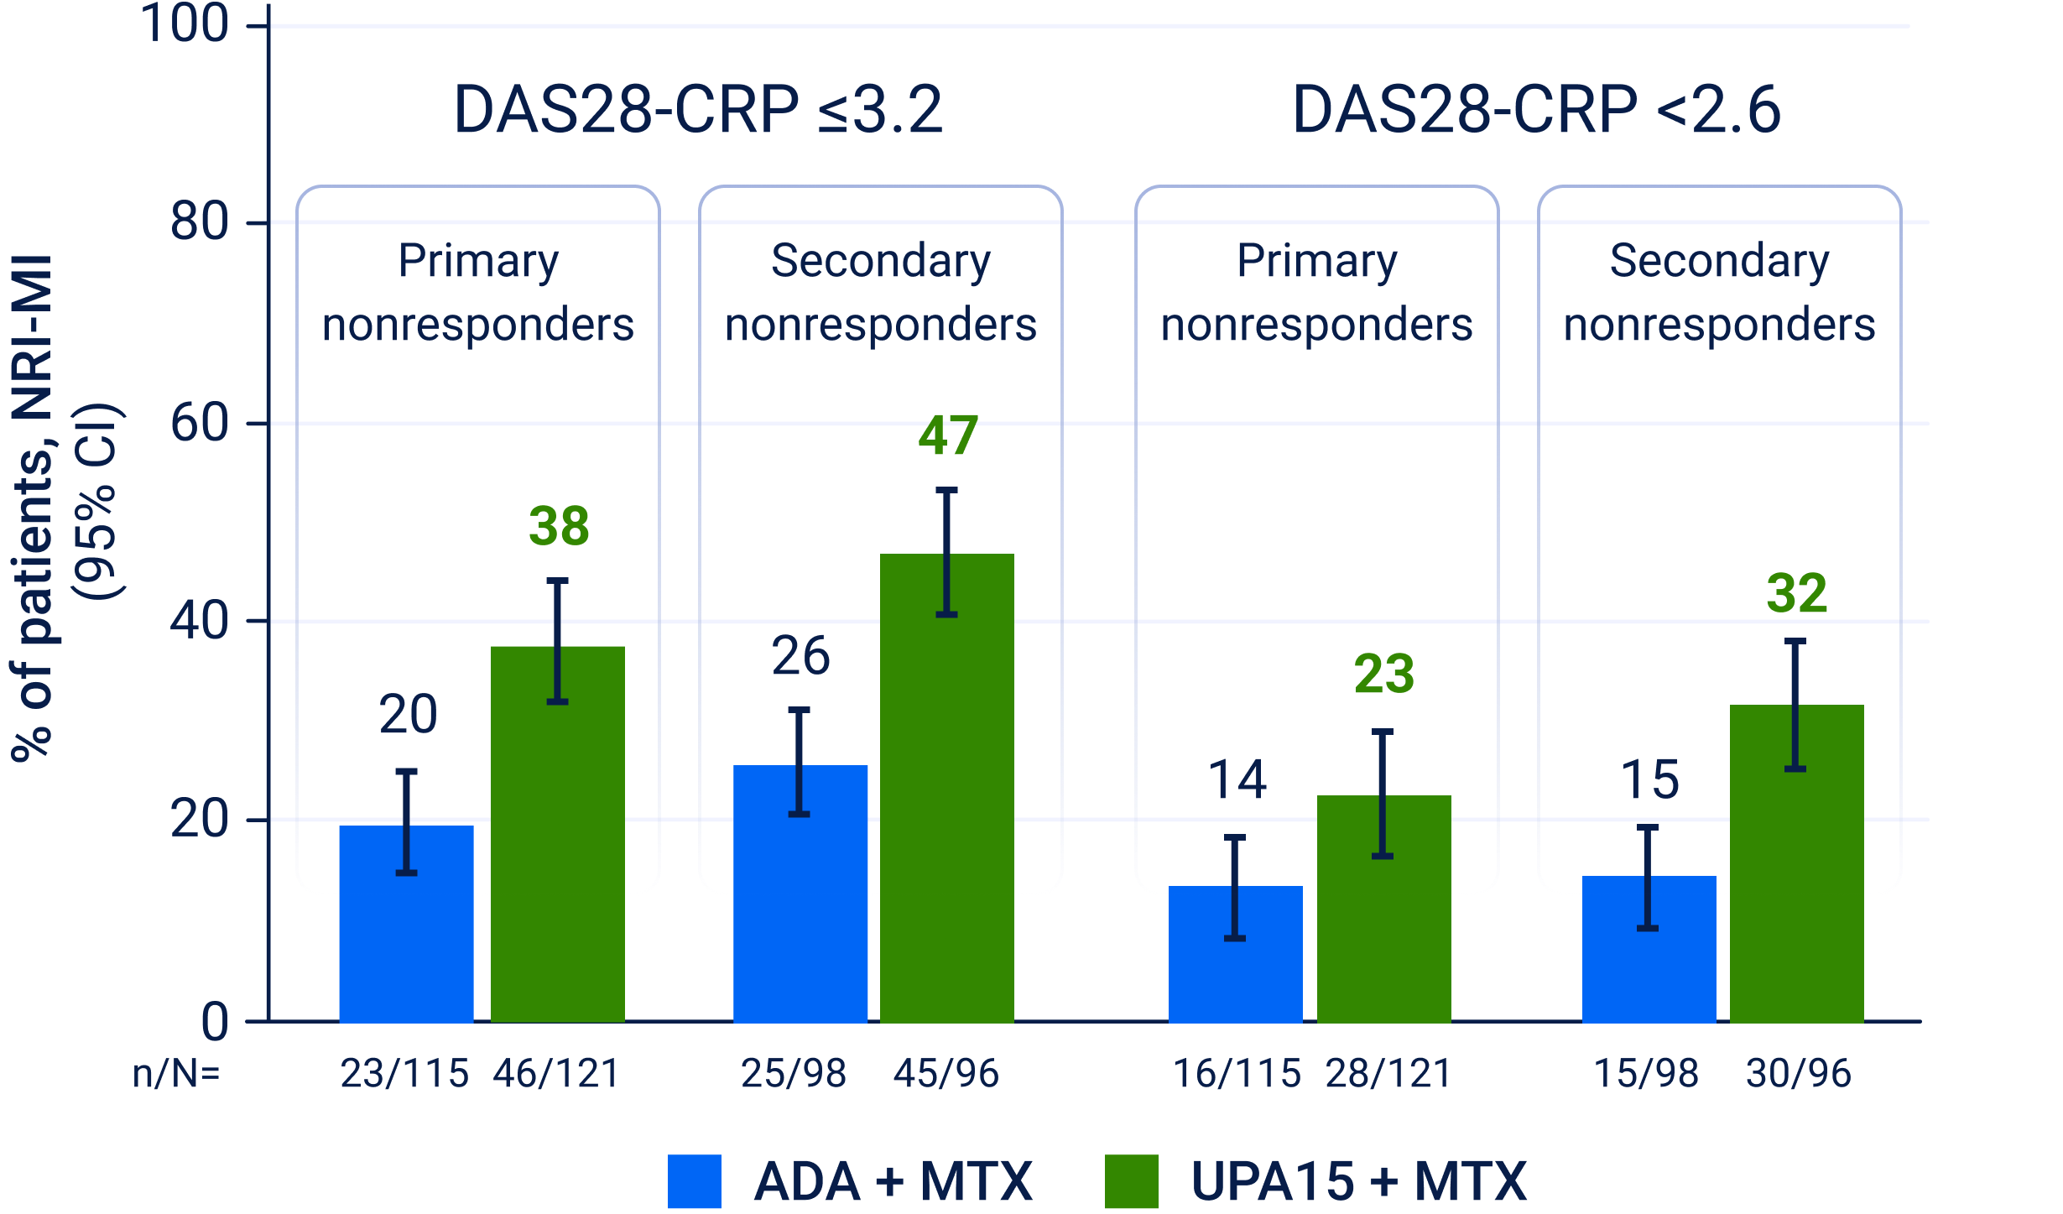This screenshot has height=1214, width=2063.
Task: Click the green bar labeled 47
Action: coord(946,788)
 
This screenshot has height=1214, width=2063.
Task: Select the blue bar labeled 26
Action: coord(800,894)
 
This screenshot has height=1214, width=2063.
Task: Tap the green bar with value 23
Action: coord(1383,909)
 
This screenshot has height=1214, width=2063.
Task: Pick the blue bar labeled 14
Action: coord(1235,954)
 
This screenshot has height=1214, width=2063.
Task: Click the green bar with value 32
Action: coord(1796,863)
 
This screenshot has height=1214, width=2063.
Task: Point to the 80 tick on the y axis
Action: coord(258,223)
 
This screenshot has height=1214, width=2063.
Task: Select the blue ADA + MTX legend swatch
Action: coord(694,1181)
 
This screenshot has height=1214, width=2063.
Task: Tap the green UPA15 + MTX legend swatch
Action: coord(1131,1181)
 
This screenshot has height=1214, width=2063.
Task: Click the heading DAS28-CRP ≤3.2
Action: coord(698,110)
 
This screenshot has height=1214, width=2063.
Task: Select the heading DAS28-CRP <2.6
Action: coord(1536,110)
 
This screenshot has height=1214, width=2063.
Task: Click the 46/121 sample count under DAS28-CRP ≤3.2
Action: coord(556,1074)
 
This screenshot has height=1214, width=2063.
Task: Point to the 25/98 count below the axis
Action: coord(794,1074)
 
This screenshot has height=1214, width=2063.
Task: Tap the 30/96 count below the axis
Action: coord(1798,1074)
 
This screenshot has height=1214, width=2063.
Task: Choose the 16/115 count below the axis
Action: coord(1237,1074)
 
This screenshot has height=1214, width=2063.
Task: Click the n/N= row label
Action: coord(176,1074)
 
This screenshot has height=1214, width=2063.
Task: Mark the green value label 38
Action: coord(559,527)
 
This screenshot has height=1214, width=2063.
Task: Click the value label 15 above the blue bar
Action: coord(1649,780)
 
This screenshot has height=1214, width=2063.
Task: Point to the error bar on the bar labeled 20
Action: coord(407,822)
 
